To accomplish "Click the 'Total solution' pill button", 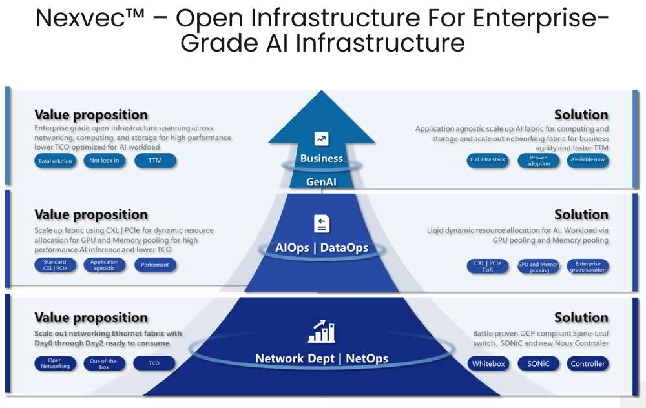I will point(55,161).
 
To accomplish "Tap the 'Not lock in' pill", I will point(104,160).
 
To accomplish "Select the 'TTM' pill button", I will point(155,160).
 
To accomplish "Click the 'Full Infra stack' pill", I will point(488,160).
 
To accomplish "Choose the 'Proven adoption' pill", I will point(538,161).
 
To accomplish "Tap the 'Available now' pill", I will point(588,160).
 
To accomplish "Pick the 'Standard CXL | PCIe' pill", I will point(55,265).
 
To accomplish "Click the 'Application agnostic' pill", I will point(104,265).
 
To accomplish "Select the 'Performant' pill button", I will point(155,265).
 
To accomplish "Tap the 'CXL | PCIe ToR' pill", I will point(488,266).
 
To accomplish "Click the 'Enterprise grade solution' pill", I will point(588,266).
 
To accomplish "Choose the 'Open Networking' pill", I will point(55,363).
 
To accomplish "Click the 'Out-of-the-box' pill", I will point(104,363).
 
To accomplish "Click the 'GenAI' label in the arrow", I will point(321,182).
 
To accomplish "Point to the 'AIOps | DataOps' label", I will point(322,248).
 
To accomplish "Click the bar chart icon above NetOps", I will point(321,332).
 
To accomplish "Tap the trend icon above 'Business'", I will point(321,138).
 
